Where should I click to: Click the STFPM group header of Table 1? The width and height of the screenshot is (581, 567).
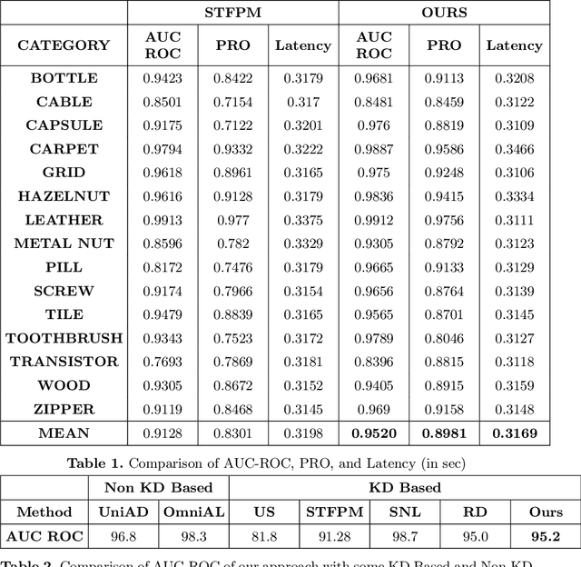click(232, 13)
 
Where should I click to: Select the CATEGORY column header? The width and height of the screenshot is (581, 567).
click(64, 45)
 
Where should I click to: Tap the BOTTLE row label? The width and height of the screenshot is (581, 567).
click(64, 78)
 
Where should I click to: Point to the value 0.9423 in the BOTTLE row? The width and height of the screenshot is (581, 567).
click(162, 78)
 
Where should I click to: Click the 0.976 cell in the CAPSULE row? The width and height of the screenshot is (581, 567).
click(374, 125)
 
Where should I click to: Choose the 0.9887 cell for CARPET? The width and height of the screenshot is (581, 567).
click(374, 149)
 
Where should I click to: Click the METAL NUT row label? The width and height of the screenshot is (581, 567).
click(64, 244)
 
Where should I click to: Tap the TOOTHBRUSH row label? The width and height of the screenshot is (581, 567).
click(64, 338)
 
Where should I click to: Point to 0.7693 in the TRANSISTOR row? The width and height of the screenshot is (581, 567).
click(162, 362)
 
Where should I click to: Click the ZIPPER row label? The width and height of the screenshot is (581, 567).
click(64, 409)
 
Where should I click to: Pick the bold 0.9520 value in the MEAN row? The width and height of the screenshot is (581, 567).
click(374, 433)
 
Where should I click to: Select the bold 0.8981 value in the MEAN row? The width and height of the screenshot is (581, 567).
click(444, 433)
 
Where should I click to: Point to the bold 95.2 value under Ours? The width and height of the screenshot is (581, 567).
click(545, 536)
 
